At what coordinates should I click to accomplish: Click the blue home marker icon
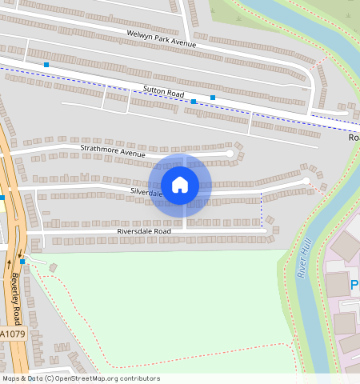click(x=180, y=185)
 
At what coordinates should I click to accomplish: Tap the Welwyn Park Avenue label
click(x=161, y=38)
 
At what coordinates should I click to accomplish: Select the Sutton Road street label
click(x=163, y=94)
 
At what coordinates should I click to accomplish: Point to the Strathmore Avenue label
click(x=111, y=149)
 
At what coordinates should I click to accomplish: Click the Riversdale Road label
click(x=144, y=231)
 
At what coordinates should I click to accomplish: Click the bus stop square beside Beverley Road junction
click(x=22, y=261)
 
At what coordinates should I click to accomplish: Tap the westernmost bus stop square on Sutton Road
click(x=46, y=63)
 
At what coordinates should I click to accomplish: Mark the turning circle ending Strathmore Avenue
click(x=230, y=152)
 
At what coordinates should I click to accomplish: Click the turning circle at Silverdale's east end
click(x=306, y=182)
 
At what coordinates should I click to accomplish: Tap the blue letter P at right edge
click(x=354, y=284)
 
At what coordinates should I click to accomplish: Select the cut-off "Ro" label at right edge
click(x=354, y=138)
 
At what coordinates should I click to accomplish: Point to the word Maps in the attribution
click(x=11, y=378)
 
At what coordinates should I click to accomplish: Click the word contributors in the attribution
click(x=139, y=378)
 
